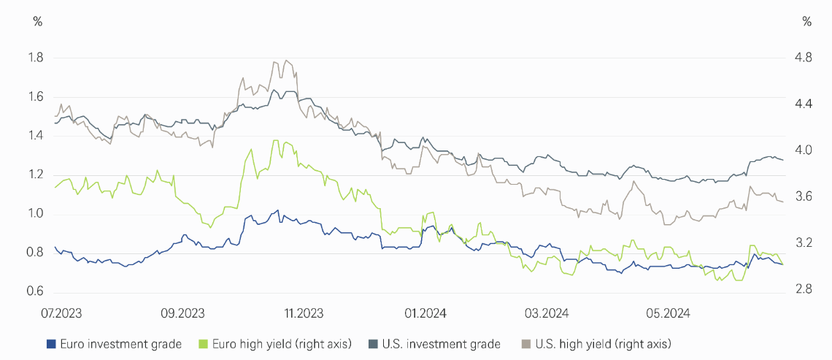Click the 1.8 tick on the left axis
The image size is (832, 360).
coord(35,58)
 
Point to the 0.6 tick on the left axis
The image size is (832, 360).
coord(35,292)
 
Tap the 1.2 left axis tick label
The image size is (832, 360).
coord(35,175)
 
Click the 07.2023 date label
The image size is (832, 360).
coord(61,313)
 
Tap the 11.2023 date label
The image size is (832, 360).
coord(302,313)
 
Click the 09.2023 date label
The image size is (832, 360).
coord(181,313)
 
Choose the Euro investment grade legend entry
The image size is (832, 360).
coord(115,343)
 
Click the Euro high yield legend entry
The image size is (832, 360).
coord(277,343)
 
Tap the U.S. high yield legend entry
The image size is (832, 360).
coord(597,343)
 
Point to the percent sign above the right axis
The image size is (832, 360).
coord(806,20)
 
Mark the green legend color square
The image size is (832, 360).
coord(204,343)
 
